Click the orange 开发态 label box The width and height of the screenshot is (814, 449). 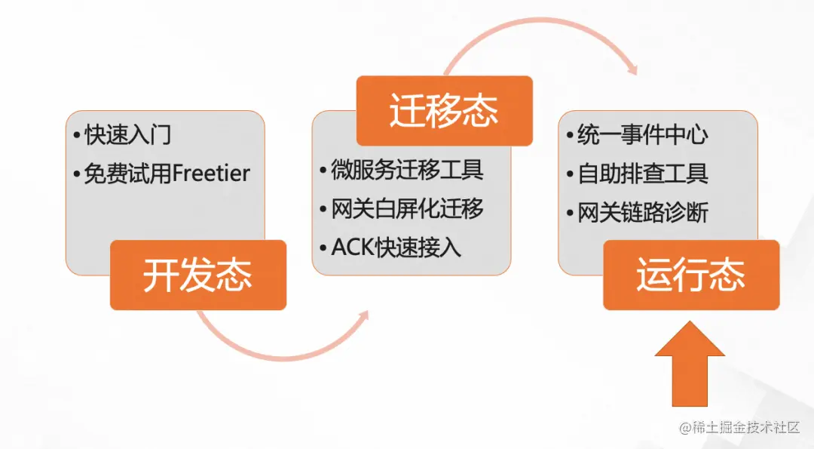(x=198, y=275)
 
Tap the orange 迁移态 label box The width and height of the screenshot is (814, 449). (x=444, y=111)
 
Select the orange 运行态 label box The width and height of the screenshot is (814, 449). (x=691, y=275)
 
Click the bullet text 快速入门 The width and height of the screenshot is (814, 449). (x=127, y=135)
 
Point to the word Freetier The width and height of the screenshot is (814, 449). (x=212, y=174)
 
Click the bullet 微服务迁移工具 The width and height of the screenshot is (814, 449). (x=406, y=170)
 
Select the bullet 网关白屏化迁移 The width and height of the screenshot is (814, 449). (x=406, y=209)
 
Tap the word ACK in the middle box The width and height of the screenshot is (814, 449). (x=348, y=248)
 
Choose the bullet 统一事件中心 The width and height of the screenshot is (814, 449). (x=642, y=135)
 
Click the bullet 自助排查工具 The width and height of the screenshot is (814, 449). (x=642, y=174)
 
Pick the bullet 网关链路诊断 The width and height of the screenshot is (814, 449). (x=642, y=213)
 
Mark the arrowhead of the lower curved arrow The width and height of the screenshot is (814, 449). (x=364, y=315)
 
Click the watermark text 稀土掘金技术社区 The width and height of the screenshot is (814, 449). (x=746, y=428)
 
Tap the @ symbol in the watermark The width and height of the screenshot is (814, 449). (x=685, y=428)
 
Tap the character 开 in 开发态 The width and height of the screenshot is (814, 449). (x=161, y=275)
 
